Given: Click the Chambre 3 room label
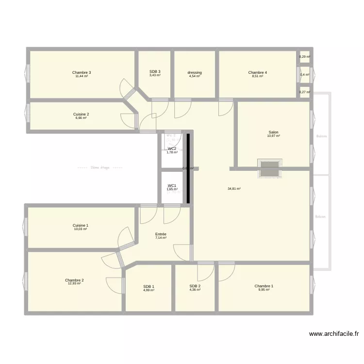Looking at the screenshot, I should click(82, 72).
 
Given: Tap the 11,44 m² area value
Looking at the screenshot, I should click(82, 76).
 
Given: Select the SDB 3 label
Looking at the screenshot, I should click(155, 72).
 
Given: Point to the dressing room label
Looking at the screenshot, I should click(195, 73).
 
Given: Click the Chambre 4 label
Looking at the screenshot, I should click(257, 72).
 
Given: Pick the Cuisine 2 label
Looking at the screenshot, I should click(81, 115).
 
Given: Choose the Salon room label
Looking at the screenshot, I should click(274, 132).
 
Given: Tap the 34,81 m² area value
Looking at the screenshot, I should click(234, 189).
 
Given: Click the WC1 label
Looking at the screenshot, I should click(172, 185).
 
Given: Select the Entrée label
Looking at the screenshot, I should click(161, 234).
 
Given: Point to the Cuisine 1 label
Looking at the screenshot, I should click(81, 225).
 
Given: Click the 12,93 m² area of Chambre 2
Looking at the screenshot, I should click(74, 283).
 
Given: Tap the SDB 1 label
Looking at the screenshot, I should click(149, 286).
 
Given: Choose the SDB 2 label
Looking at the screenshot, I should click(195, 286).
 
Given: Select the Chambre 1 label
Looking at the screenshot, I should click(264, 286).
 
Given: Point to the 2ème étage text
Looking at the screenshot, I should click(100, 168).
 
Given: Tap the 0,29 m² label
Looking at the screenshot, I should click(304, 57).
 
